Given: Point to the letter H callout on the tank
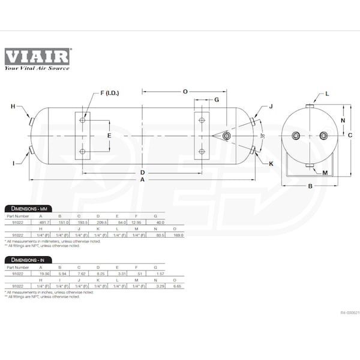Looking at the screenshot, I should click(13, 106).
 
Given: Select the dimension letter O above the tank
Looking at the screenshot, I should click(185, 91).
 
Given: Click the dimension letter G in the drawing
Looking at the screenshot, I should click(216, 100).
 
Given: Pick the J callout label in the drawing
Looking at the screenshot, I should click(271, 106).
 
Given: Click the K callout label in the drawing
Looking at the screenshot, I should click(271, 163).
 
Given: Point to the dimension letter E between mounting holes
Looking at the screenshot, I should click(109, 136).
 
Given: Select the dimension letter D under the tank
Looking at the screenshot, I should click(142, 172).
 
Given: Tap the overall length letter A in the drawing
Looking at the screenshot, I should click(142, 179).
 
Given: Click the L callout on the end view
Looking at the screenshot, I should click(327, 94).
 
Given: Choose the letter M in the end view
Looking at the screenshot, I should click(325, 172).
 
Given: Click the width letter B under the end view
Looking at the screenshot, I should click(310, 186).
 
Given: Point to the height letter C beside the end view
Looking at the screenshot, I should click(350, 136).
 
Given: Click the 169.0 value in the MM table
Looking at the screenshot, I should click(178, 236).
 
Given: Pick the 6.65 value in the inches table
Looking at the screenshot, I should click(178, 287).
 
